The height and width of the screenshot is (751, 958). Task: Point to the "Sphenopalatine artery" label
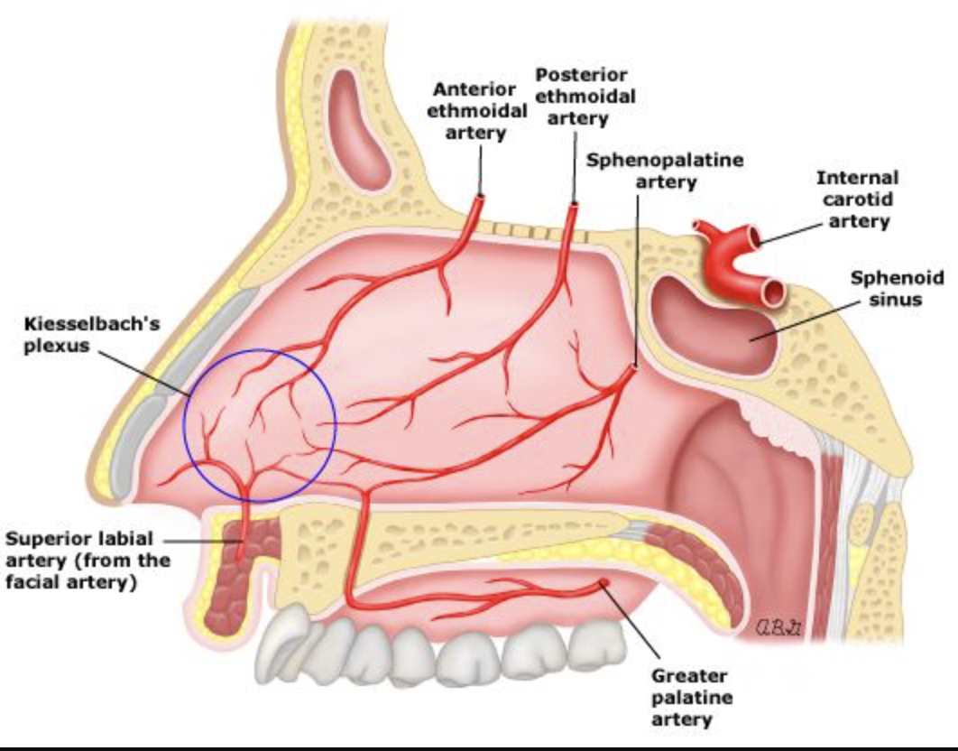tap(666, 171)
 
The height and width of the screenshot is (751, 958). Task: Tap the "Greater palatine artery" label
tap(691, 697)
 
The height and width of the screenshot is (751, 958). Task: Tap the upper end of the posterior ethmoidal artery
tap(574, 206)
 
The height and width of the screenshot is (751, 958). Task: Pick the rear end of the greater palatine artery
tap(603, 584)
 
